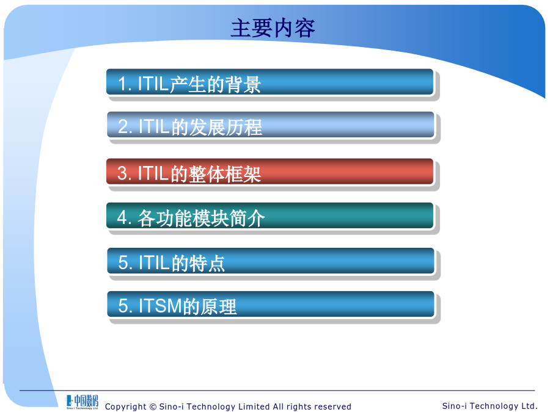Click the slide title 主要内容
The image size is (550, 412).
[273, 28]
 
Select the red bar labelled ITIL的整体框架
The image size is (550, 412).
[270, 172]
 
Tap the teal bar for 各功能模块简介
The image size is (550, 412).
[270, 216]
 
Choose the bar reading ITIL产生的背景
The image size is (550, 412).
[270, 82]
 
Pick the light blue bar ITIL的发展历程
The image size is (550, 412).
[271, 125]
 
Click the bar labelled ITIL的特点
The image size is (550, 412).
[271, 261]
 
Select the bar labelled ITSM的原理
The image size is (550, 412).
[271, 304]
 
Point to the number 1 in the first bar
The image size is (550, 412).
[122, 84]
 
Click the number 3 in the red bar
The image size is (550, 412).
[122, 173]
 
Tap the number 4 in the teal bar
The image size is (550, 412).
[122, 217]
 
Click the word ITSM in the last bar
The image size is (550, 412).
[161, 306]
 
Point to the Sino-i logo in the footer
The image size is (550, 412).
[82, 402]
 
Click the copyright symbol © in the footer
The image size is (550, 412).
[153, 407]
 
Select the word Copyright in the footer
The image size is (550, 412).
[125, 407]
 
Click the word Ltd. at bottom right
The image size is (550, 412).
[529, 406]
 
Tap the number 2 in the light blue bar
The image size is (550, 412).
[123, 127]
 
